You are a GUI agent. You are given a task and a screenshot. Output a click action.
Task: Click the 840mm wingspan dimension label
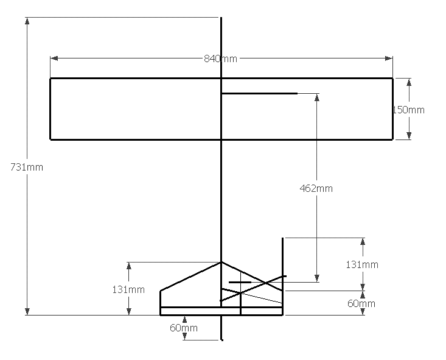[220, 58]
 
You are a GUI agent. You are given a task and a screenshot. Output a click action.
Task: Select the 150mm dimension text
[408, 110]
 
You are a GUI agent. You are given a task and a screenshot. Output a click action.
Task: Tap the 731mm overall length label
[27, 166]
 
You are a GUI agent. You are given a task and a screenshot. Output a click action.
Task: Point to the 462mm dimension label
[316, 188]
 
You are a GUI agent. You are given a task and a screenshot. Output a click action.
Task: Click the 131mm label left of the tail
[128, 289]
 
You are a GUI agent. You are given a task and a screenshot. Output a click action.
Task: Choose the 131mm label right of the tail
[362, 264]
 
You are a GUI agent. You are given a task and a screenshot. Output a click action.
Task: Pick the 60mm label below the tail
[183, 328]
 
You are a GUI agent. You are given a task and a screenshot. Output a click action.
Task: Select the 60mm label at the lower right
[362, 303]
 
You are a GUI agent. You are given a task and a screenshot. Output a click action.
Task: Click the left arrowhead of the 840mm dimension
[54, 58]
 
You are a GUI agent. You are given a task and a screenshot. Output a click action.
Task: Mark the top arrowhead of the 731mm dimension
[27, 21]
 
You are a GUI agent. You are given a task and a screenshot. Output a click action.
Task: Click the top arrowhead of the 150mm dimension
[409, 82]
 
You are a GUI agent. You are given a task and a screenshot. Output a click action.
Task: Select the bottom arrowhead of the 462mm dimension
[316, 278]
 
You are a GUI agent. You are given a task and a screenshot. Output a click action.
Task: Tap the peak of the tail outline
[221, 262]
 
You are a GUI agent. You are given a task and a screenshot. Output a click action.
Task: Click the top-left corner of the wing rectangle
[51, 79]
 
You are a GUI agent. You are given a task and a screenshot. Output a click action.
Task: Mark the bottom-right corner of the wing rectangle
[392, 139]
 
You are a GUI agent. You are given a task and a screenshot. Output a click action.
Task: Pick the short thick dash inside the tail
[240, 283]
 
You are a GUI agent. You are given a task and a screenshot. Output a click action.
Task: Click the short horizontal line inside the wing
[259, 94]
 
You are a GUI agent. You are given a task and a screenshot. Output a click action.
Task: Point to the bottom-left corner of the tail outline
[161, 315]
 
